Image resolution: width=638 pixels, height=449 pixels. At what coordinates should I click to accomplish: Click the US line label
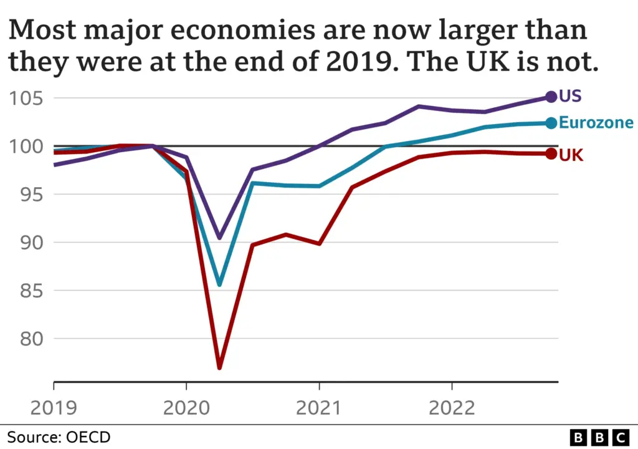tap(570, 96)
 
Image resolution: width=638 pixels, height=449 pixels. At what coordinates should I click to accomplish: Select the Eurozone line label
tap(596, 123)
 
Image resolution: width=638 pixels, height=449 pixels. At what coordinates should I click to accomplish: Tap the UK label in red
tap(571, 155)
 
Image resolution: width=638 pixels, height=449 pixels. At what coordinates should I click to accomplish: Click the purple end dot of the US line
tap(551, 97)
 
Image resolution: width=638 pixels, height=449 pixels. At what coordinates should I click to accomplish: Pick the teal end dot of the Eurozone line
tap(551, 123)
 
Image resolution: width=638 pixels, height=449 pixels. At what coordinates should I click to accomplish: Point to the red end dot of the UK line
tap(551, 154)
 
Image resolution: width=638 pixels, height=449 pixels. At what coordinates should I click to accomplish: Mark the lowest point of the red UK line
tap(219, 367)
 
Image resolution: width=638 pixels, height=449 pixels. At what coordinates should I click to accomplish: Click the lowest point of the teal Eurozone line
tap(219, 285)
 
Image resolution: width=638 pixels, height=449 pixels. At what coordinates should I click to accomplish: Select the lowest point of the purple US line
tap(219, 238)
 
